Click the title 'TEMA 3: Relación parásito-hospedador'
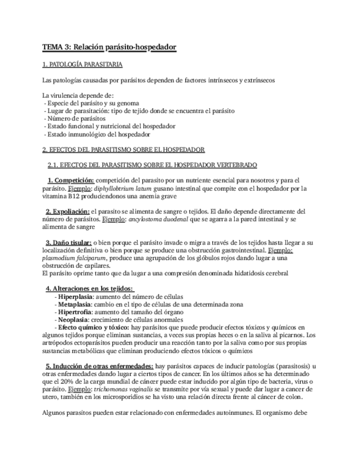point(109,48)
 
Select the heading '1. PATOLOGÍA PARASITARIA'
point(82,64)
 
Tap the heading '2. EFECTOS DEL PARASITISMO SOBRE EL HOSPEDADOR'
point(124,149)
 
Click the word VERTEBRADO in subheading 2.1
point(236,164)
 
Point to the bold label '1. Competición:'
point(71,180)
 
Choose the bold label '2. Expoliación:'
point(68,211)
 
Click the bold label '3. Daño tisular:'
point(68,242)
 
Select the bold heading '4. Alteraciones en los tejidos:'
point(89,288)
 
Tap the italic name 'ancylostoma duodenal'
point(158,219)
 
